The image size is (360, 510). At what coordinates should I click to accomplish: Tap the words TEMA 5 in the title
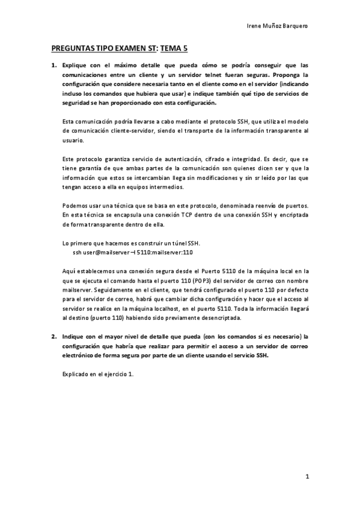click(x=171, y=50)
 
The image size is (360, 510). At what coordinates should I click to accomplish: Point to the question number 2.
click(x=53, y=336)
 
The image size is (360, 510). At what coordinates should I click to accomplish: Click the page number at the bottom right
click(x=307, y=478)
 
